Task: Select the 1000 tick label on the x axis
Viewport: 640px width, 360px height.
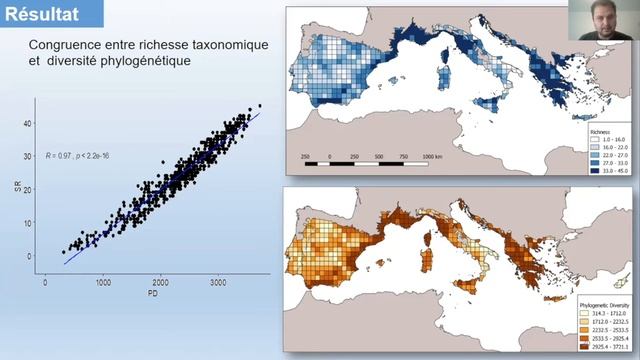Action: pos(103,282)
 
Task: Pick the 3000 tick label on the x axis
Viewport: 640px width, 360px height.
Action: pos(218,282)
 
